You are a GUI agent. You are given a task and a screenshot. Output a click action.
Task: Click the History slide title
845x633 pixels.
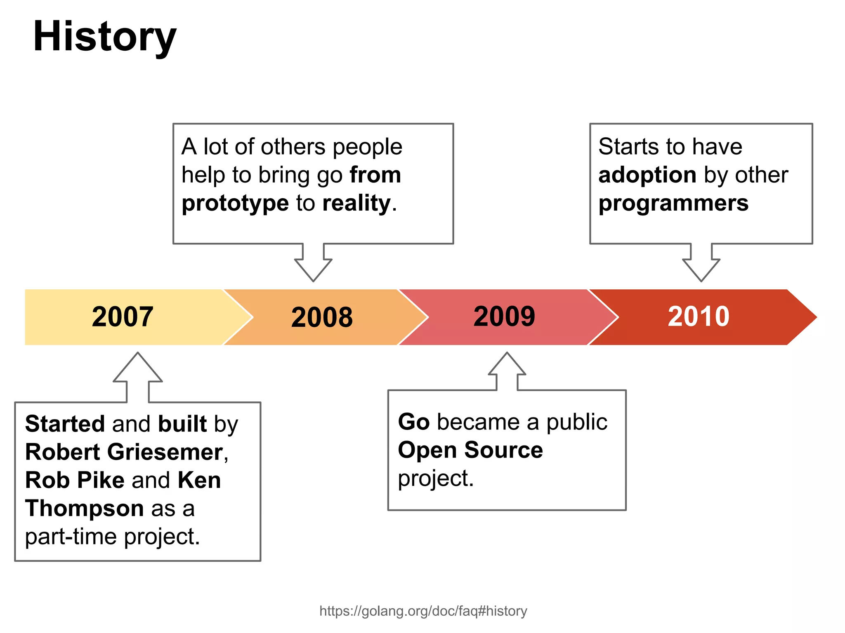(x=104, y=37)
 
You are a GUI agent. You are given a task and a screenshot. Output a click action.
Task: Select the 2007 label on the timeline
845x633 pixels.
(x=123, y=316)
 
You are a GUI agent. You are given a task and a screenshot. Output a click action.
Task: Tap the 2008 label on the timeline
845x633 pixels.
(x=322, y=317)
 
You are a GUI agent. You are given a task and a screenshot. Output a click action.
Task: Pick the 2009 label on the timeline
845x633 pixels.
(x=504, y=316)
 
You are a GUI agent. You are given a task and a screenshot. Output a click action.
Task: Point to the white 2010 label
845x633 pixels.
(x=699, y=316)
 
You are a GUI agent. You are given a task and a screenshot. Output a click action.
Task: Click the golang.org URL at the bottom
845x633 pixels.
(x=423, y=611)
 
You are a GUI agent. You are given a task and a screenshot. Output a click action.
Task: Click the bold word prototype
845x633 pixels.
(x=235, y=204)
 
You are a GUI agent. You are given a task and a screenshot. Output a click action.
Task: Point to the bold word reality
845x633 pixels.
(x=356, y=204)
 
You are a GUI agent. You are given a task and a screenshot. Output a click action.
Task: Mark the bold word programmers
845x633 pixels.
(x=673, y=204)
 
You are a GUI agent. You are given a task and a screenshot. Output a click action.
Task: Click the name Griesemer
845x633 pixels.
(x=165, y=452)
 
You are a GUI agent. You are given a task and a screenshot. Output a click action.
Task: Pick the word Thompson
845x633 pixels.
(x=84, y=508)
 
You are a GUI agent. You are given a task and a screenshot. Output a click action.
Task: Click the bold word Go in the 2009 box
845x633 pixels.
(x=413, y=422)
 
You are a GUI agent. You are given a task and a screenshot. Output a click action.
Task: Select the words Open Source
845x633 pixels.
(x=470, y=450)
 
